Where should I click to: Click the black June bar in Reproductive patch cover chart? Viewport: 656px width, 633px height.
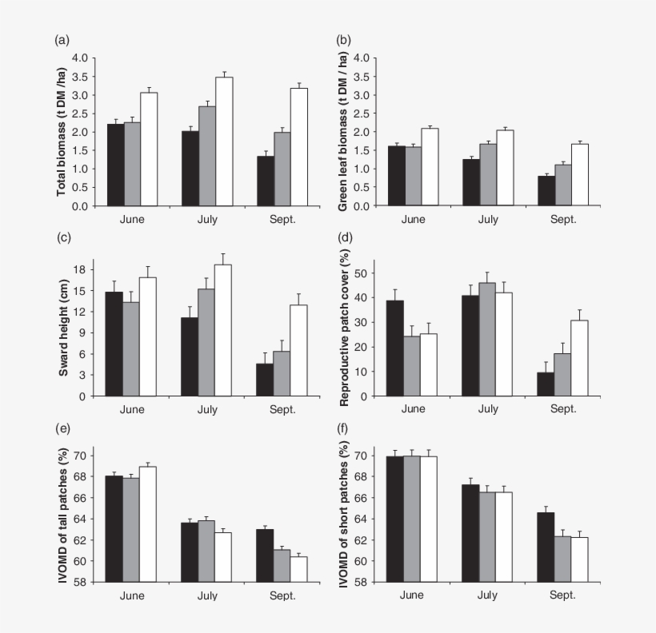(x=395, y=348)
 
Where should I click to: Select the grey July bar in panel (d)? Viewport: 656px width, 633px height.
(x=487, y=339)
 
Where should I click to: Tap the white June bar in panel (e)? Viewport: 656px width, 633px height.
(x=149, y=524)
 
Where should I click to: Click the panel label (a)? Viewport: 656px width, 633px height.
(x=62, y=39)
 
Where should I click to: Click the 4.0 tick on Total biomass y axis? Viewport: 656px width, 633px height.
(x=79, y=58)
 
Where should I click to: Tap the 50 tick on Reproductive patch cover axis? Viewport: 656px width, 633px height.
(x=362, y=273)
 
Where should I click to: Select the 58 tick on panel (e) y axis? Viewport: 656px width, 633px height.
(x=82, y=582)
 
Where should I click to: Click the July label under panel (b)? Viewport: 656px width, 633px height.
(x=487, y=219)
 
